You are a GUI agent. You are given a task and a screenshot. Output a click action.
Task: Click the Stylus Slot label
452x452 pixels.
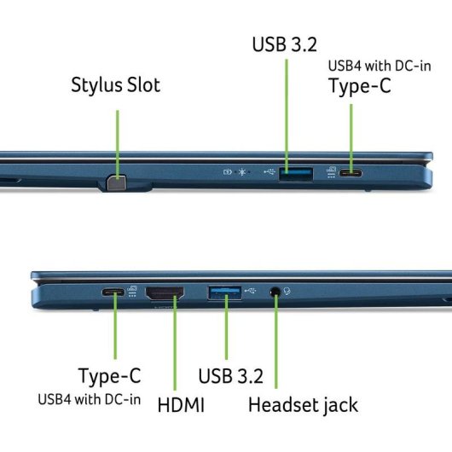click(x=116, y=85)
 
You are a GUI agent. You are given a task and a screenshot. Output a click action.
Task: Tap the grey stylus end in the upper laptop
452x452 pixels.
click(x=117, y=183)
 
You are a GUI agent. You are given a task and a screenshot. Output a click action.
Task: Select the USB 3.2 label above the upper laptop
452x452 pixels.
click(x=285, y=44)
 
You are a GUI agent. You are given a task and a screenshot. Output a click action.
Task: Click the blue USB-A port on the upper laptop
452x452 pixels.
click(x=296, y=174)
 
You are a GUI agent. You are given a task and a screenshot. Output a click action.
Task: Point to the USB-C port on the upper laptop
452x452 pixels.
click(x=351, y=173)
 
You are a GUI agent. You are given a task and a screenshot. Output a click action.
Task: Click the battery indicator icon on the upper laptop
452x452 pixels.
click(x=228, y=172)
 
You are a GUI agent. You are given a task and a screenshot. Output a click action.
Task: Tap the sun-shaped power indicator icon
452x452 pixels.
click(x=242, y=172)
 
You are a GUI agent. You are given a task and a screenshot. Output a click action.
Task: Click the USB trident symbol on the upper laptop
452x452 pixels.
click(x=269, y=171)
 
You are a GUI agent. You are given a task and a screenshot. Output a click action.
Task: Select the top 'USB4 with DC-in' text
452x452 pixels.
click(x=380, y=66)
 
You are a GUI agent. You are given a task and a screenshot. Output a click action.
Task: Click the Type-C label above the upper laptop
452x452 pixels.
click(x=360, y=86)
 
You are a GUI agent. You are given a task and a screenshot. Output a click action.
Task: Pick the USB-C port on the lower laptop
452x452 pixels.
click(x=113, y=292)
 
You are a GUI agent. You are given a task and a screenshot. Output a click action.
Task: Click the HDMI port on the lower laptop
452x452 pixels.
click(x=165, y=293)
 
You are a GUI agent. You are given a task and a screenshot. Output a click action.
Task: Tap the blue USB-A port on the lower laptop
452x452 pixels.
click(x=225, y=293)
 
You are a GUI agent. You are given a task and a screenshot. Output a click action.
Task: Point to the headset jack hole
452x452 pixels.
click(x=275, y=292)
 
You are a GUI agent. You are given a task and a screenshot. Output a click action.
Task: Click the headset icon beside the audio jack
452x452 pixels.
click(x=287, y=291)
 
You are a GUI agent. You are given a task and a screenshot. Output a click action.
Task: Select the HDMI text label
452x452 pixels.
click(x=181, y=405)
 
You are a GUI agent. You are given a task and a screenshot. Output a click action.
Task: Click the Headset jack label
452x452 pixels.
click(x=303, y=405)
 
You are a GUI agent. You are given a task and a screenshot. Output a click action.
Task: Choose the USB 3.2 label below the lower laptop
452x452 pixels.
click(x=230, y=376)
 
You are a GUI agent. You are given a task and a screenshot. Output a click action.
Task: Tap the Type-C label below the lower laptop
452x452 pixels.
click(x=109, y=376)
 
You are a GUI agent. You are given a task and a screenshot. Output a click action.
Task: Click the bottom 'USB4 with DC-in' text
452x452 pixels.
click(x=89, y=399)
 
